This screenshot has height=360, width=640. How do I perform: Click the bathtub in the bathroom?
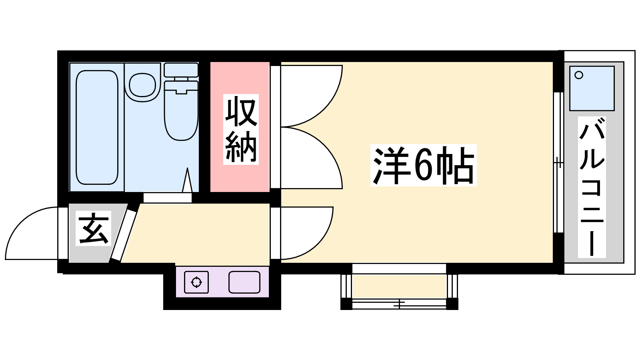tap(97, 128)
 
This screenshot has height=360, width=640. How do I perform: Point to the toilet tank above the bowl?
tap(181, 70)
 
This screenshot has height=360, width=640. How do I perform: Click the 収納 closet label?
tap(241, 129)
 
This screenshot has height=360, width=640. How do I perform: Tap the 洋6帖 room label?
tap(424, 165)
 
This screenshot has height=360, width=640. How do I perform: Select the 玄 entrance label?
tap(94, 228)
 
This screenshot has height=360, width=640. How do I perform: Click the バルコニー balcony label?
tap(592, 187)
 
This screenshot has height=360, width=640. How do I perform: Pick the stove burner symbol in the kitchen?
tap(196, 282)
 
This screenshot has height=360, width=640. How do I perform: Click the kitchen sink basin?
tap(244, 282)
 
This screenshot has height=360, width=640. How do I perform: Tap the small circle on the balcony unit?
tap(579, 75)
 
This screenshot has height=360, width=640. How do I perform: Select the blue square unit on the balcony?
tap(592, 88)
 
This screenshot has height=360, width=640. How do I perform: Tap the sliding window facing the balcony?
tap(558, 162)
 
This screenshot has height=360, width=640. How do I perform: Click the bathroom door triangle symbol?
tap(187, 180)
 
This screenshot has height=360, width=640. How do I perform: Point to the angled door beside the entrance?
tap(125, 235)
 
